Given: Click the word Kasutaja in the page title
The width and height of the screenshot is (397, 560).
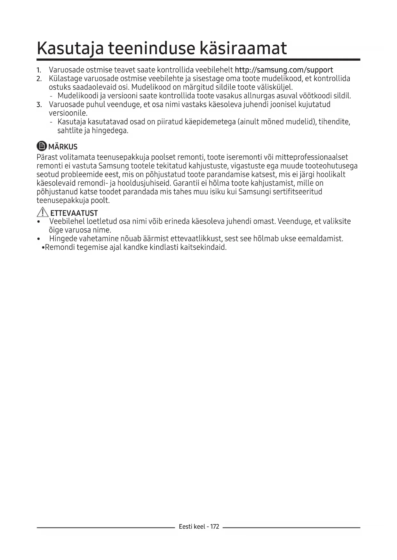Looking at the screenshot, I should click(70, 49).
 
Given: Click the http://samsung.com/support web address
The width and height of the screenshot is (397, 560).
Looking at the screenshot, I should click(284, 70).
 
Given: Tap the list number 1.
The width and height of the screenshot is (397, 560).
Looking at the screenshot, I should click(38, 70).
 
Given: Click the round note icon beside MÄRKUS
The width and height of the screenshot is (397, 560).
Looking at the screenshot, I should click(42, 146).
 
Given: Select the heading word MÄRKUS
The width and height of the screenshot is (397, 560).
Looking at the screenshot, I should click(63, 147).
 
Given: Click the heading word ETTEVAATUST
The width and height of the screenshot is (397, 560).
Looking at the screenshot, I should click(74, 213).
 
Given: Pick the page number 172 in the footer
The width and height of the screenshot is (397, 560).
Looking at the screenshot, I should click(215, 526).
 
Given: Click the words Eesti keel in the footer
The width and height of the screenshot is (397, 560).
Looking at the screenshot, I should click(192, 526).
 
